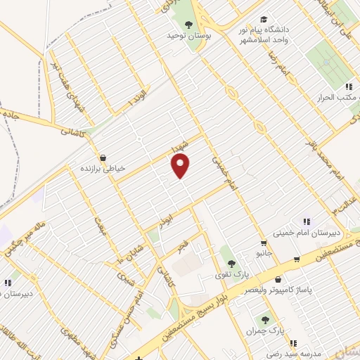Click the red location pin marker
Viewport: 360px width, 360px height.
(x=181, y=166)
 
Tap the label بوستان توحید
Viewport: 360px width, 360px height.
(x=188, y=35)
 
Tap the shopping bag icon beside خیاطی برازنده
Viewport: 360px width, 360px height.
(x=103, y=157)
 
